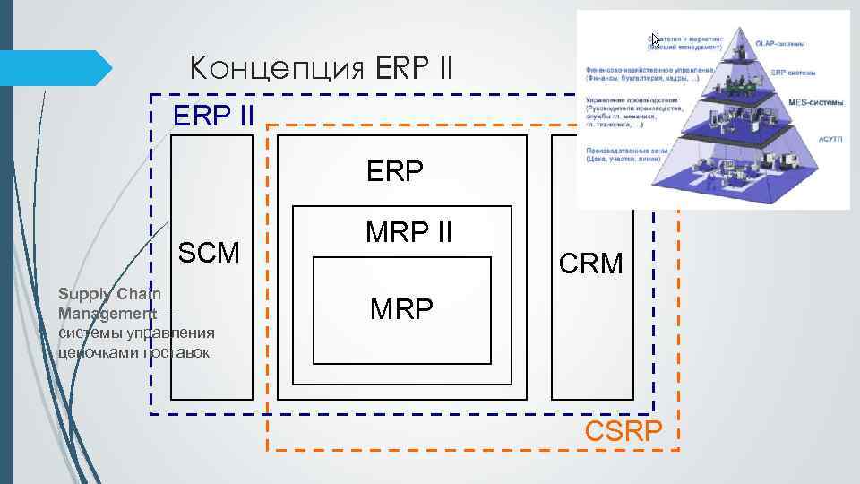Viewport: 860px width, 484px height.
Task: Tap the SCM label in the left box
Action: pyautogui.click(x=210, y=253)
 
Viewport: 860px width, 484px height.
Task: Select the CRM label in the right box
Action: pyautogui.click(x=590, y=264)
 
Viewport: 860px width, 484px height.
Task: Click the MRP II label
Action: pyautogui.click(x=408, y=232)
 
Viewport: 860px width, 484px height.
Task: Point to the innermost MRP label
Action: pyautogui.click(x=401, y=309)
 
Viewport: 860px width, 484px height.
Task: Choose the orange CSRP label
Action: pyautogui.click(x=623, y=432)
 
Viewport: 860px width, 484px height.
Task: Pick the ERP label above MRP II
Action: pyautogui.click(x=395, y=171)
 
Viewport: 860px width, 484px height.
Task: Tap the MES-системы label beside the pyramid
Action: pyautogui.click(x=815, y=103)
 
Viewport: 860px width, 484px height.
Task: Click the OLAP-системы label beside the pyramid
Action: pyautogui.click(x=780, y=42)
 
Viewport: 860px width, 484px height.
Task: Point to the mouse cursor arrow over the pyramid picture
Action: pyautogui.click(x=655, y=39)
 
